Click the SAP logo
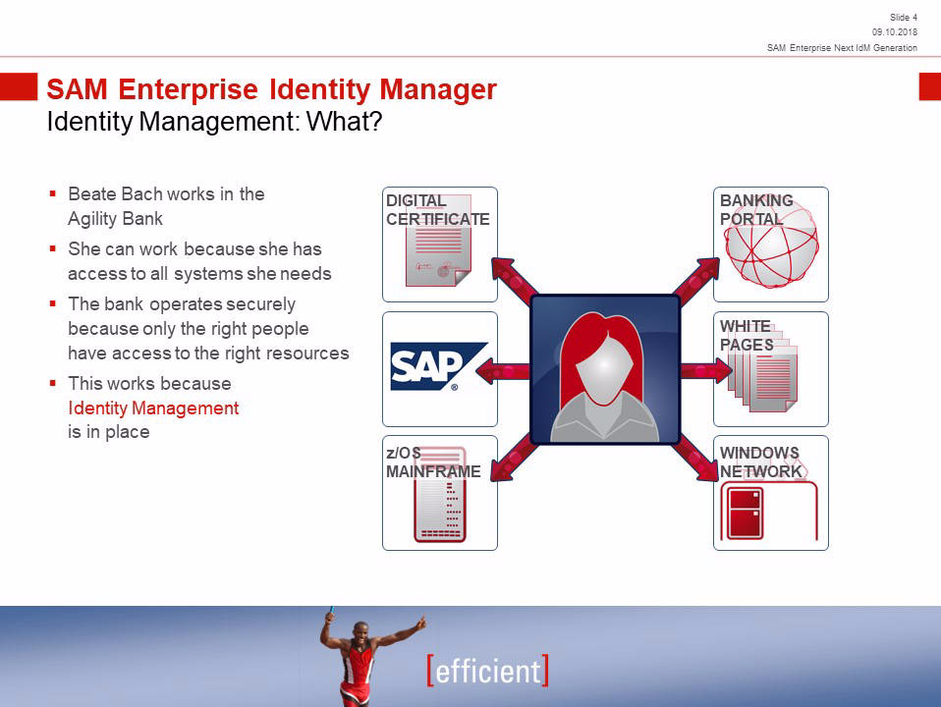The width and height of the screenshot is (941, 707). (439, 366)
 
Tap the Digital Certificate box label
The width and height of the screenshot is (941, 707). (437, 210)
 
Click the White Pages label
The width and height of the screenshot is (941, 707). (747, 336)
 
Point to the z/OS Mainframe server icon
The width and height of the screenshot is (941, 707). (440, 494)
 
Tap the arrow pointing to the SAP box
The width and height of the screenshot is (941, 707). (503, 371)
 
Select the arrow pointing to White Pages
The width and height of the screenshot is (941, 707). (706, 370)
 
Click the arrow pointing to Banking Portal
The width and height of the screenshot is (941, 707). (696, 279)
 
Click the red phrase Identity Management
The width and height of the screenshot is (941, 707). (153, 408)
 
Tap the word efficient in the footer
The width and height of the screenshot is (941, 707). (488, 671)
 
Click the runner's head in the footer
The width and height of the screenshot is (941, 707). (360, 632)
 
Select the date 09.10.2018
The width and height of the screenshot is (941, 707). (895, 32)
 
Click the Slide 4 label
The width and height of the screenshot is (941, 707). (904, 18)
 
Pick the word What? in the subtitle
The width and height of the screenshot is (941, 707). (345, 122)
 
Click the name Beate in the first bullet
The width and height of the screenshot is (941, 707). (91, 193)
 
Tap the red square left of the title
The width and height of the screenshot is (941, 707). (19, 87)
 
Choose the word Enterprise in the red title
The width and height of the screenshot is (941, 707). (188, 90)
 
